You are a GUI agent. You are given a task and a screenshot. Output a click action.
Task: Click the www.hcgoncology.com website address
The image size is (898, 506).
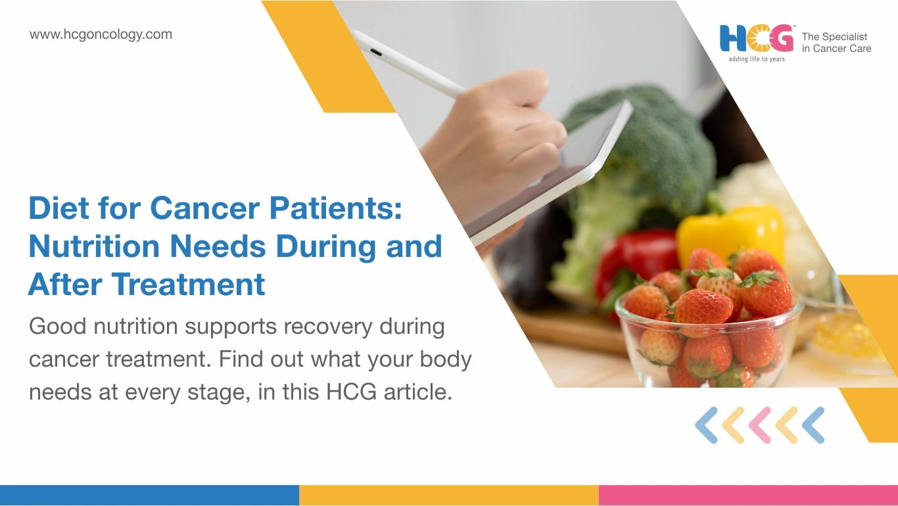[101, 35]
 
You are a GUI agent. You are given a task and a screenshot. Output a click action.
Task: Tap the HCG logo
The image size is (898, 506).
[757, 38]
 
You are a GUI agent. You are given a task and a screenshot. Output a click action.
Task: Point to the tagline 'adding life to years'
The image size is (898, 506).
[757, 59]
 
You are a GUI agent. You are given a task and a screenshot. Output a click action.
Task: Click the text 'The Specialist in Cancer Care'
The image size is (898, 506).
[836, 43]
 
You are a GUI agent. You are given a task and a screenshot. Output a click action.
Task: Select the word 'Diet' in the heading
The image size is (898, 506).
[59, 208]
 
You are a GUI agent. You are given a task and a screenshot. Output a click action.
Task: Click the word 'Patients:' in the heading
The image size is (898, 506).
[335, 208]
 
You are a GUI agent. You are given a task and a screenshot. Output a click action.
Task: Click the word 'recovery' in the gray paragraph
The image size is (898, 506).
[328, 327]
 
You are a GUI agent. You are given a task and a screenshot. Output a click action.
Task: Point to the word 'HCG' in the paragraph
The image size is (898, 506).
[351, 392]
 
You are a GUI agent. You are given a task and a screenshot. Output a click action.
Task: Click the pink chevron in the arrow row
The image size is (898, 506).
[760, 425]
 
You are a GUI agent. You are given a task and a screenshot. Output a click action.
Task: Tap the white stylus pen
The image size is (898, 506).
[408, 64]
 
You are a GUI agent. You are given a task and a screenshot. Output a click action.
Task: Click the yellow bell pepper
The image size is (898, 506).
[730, 233]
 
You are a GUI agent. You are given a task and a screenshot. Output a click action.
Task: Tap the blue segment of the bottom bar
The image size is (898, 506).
[149, 495]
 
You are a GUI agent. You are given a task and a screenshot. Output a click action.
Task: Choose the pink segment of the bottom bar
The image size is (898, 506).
[748, 495]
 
